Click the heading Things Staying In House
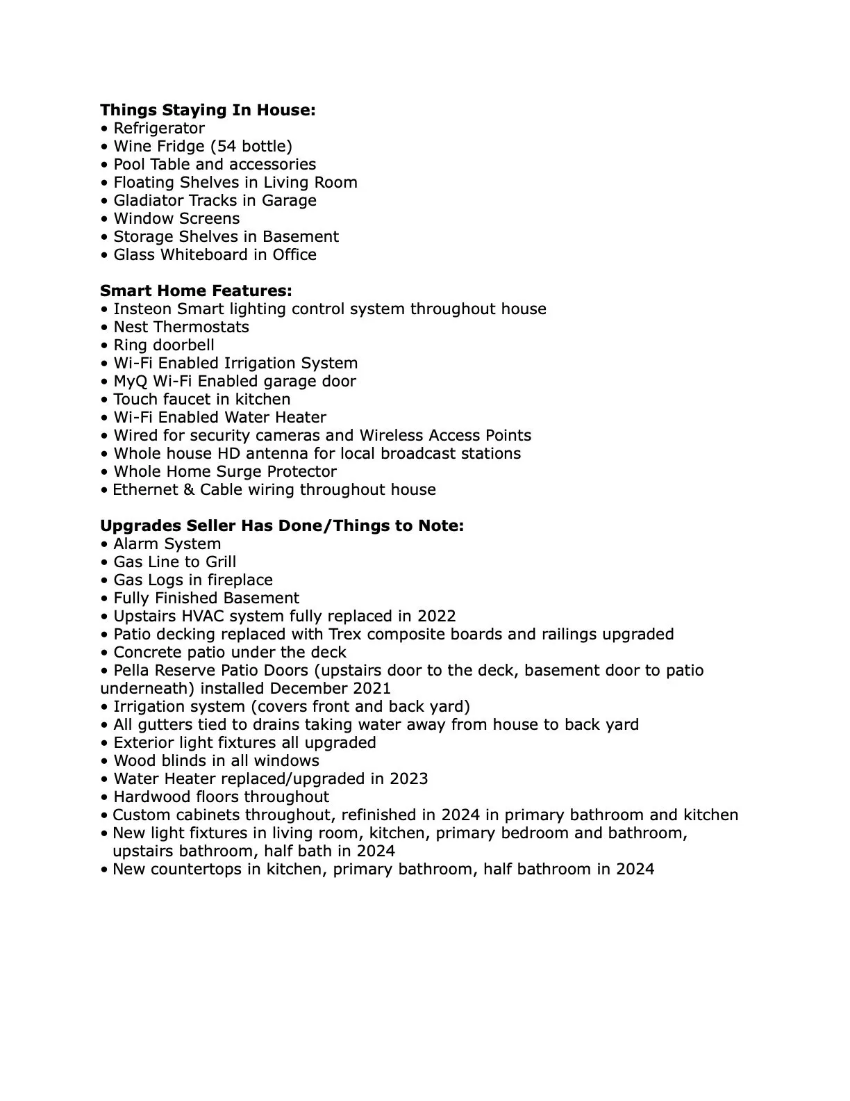click(208, 111)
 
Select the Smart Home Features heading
click(196, 291)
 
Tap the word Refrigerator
click(159, 129)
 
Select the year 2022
click(436, 617)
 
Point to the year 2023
click(408, 779)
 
